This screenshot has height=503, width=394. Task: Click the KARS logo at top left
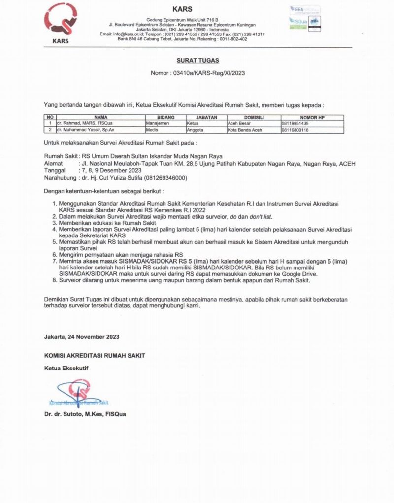tap(60, 22)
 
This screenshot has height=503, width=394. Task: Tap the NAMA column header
tap(100, 118)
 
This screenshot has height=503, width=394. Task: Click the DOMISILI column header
tap(253, 118)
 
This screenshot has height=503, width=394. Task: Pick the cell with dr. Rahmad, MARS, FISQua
tap(84, 123)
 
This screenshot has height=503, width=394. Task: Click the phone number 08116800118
tap(295, 130)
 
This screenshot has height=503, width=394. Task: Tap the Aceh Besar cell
tap(239, 123)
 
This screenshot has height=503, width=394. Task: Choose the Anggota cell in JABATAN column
tap(196, 130)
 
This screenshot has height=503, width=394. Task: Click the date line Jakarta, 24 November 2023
tap(81, 337)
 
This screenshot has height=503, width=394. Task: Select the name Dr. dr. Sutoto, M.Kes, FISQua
tap(85, 414)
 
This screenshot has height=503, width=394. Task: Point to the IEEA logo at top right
tap(304, 9)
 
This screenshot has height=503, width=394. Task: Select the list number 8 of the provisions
tap(55, 280)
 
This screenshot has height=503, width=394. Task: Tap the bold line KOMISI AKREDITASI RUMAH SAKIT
tap(95, 355)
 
